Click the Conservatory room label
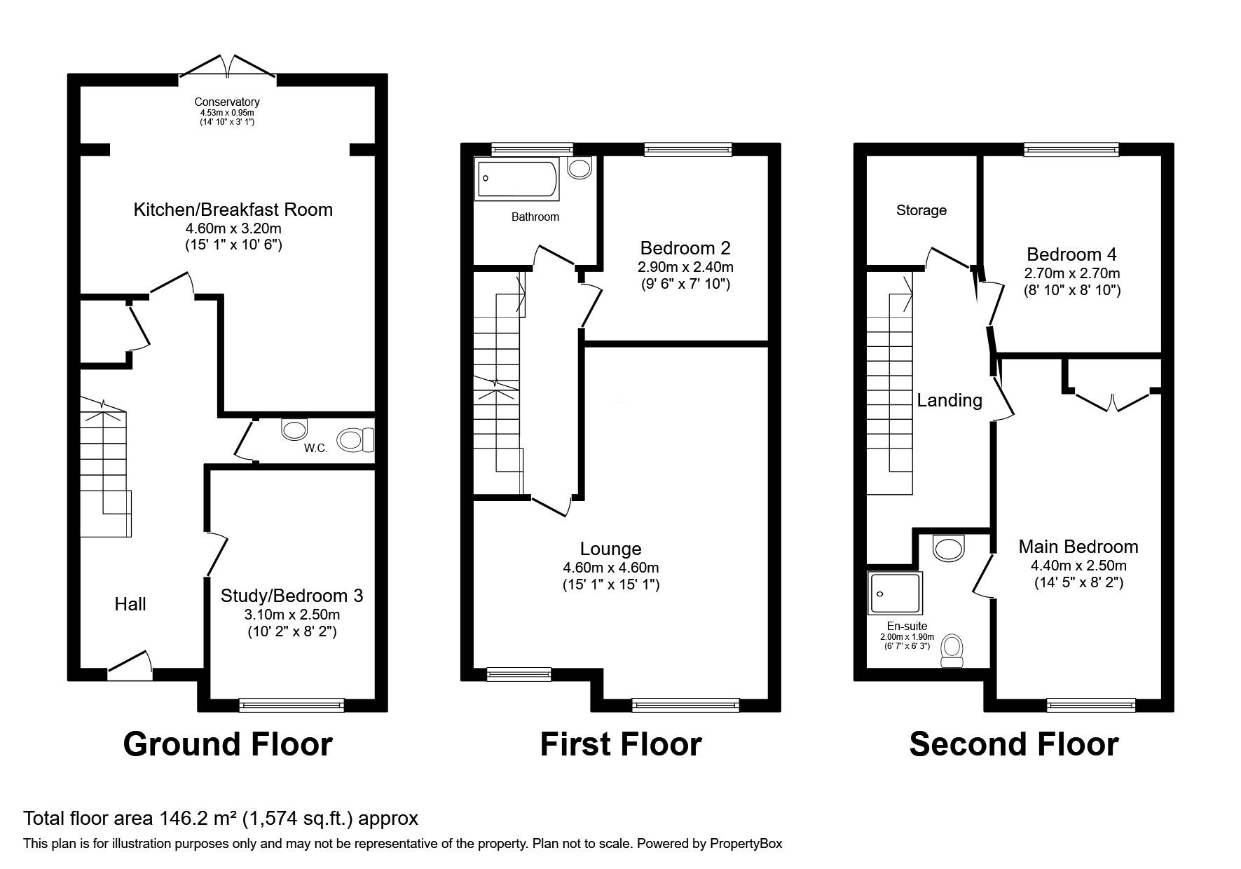point(227,102)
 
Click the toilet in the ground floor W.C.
point(357,440)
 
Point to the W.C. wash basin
point(294,428)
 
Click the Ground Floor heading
point(228,744)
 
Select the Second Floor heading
point(1014,744)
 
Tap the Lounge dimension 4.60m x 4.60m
point(611,568)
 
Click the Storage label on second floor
point(921,210)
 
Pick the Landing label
point(949,400)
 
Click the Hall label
point(130,604)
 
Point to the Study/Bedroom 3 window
point(292,704)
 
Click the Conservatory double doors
point(228,64)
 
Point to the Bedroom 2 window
point(688,149)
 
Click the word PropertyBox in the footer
point(746,844)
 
